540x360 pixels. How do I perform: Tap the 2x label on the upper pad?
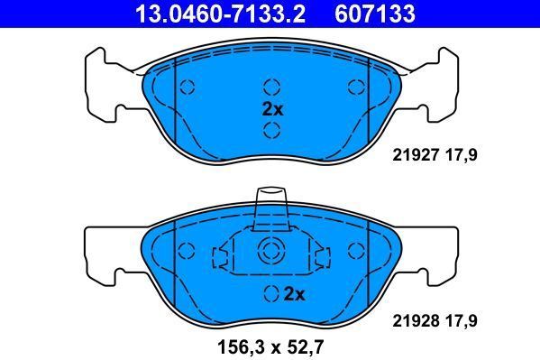click(x=271, y=109)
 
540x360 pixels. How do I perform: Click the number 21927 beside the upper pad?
click(x=414, y=154)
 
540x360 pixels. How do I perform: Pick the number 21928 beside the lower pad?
click(x=414, y=318)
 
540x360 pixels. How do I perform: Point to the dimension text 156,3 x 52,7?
click(x=270, y=346)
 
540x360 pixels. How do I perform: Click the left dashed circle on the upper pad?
click(x=188, y=87)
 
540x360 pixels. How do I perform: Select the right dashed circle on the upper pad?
click(x=354, y=87)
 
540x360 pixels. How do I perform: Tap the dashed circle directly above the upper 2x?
click(x=270, y=87)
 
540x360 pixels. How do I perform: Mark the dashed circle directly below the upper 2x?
click(x=270, y=131)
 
